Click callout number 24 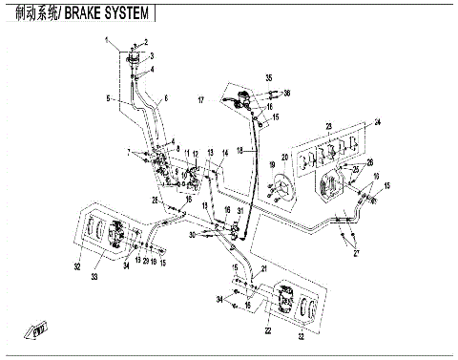click(378, 121)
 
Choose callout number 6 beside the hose click(165, 99)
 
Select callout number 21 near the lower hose click(263, 268)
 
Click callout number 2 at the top click(147, 44)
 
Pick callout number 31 click(239, 211)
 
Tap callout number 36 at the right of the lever click(287, 92)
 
